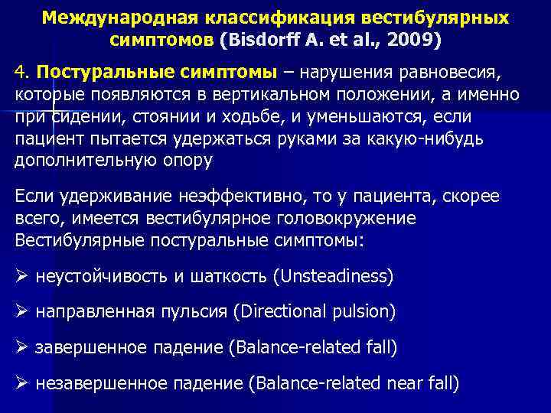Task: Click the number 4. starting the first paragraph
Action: click(x=22, y=73)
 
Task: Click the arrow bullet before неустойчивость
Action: click(x=22, y=276)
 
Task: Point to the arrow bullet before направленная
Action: click(x=22, y=312)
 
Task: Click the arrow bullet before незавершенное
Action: click(x=22, y=384)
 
